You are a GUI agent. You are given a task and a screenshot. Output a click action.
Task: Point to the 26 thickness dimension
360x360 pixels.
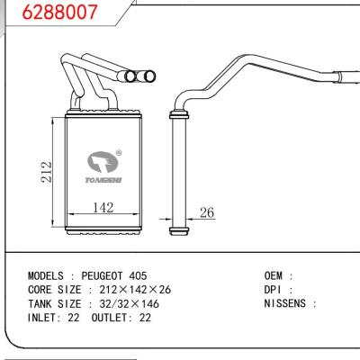click(207, 212)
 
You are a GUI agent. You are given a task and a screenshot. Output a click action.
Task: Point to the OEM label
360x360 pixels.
click(274, 276)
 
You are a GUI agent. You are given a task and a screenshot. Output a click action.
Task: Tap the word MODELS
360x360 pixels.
click(46, 276)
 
